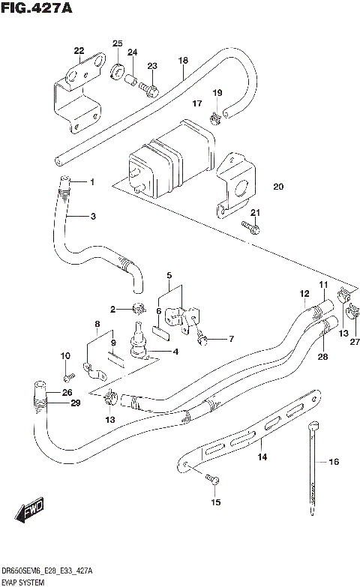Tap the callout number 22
[79, 50]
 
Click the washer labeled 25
[118, 72]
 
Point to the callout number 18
[182, 60]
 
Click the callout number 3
[93, 217]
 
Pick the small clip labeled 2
[137, 307]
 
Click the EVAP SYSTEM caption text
[24, 581]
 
